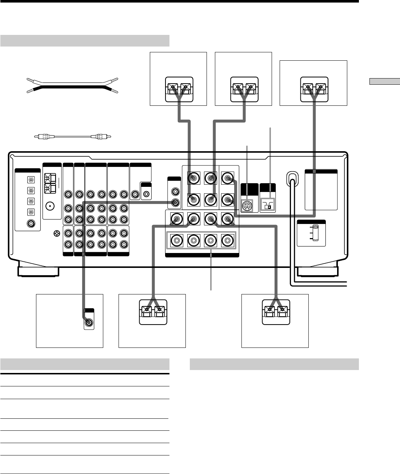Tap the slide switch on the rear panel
point(315,232)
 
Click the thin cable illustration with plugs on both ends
point(73,137)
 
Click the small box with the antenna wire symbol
point(268,206)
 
